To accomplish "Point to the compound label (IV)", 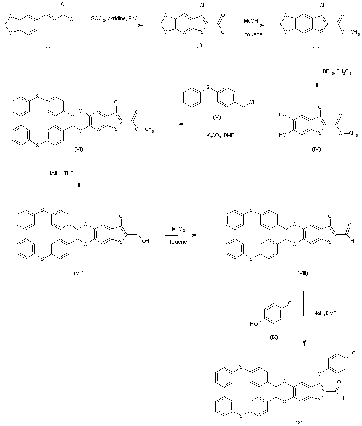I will [315, 149].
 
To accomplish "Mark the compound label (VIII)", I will [303, 273].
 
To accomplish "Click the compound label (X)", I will [299, 422].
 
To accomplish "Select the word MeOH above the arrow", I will [250, 21].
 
